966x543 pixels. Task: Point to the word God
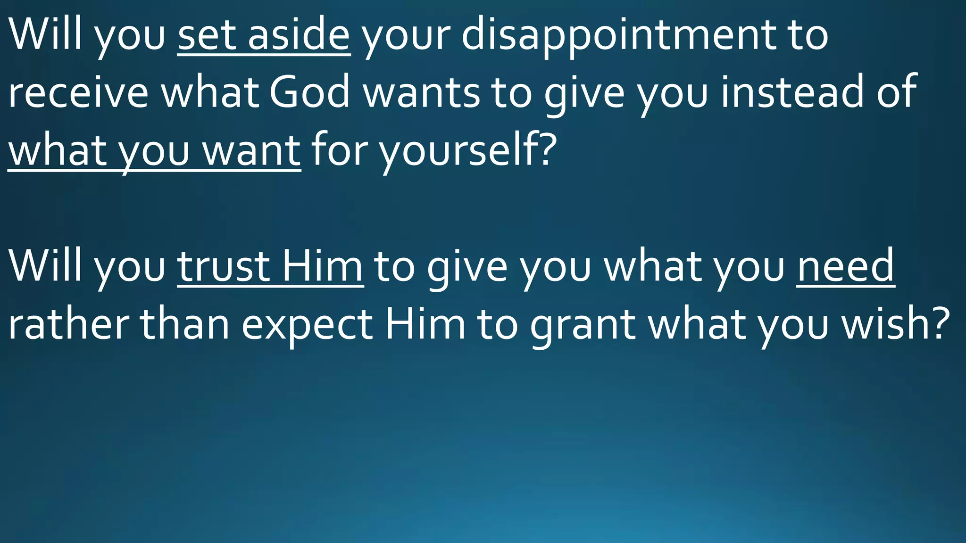(x=309, y=92)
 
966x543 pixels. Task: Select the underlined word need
(x=845, y=267)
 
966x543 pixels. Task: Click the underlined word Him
(x=323, y=267)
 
